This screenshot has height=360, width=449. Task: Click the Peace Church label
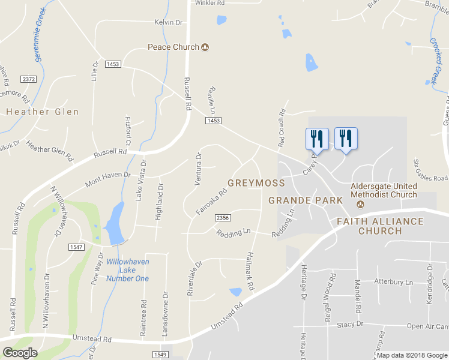click(x=173, y=47)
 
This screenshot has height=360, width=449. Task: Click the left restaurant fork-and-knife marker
click(x=316, y=139)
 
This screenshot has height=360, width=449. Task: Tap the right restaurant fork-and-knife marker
click(x=346, y=139)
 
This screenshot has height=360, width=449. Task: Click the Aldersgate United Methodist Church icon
click(x=361, y=204)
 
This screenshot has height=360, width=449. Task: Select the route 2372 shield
click(x=28, y=79)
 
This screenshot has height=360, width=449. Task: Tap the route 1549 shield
click(x=159, y=355)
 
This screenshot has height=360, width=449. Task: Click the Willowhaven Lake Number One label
click(x=127, y=270)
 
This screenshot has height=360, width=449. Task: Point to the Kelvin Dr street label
click(x=168, y=22)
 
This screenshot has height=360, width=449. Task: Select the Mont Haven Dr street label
click(x=107, y=178)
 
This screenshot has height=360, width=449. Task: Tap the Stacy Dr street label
click(x=350, y=324)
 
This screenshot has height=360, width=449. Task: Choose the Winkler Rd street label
click(x=209, y=3)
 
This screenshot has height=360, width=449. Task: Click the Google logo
click(x=20, y=352)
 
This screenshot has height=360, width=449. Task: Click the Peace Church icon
click(x=205, y=47)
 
